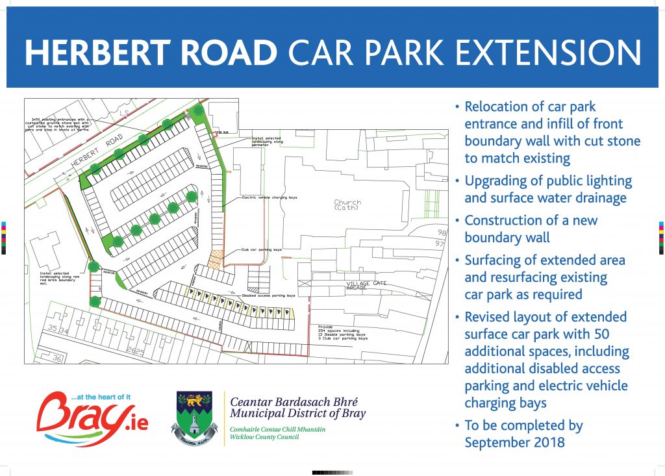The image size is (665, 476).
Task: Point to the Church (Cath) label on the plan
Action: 347,205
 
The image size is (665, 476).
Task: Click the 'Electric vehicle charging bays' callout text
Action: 270,197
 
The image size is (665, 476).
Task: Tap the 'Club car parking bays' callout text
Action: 262,249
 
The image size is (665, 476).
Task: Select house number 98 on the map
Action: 442,232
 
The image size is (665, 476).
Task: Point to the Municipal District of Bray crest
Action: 194,418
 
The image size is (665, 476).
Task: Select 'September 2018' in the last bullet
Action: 514,443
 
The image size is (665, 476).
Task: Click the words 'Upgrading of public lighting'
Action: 547,181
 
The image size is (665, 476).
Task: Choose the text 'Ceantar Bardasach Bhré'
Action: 294,401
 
